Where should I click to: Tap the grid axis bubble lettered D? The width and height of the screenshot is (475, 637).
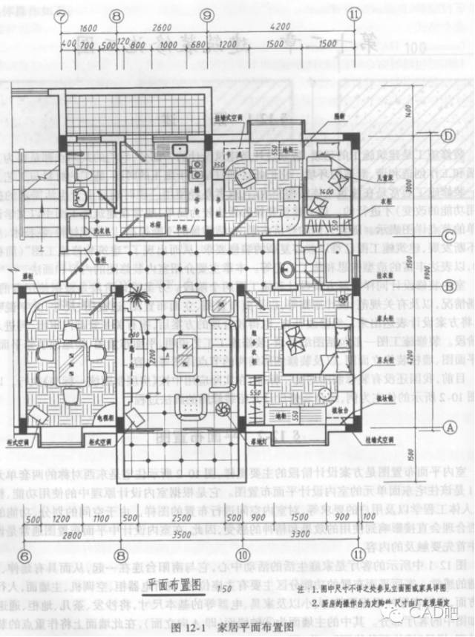(x=448, y=136)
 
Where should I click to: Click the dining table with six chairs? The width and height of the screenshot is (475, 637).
(x=72, y=362)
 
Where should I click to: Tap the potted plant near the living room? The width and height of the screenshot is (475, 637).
(x=136, y=302)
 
